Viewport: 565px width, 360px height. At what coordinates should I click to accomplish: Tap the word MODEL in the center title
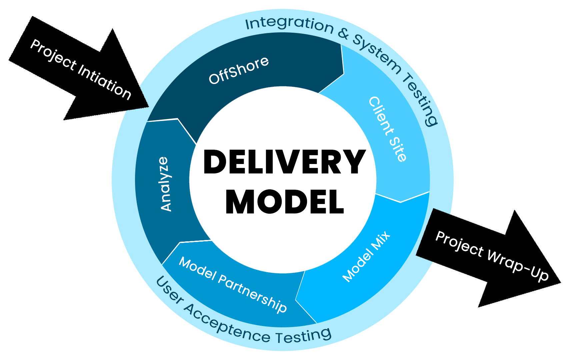(284, 202)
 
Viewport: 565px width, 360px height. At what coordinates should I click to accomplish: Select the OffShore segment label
(239, 70)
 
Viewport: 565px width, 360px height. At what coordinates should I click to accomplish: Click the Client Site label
(388, 129)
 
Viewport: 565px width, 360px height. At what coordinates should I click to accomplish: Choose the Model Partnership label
(233, 285)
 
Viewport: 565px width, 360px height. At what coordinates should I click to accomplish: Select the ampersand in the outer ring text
(343, 33)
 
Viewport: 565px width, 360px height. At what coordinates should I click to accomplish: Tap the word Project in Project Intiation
(53, 55)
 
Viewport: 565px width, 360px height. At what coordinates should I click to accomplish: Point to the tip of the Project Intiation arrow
(147, 106)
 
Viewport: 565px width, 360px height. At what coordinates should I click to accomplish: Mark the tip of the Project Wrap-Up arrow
(560, 284)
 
